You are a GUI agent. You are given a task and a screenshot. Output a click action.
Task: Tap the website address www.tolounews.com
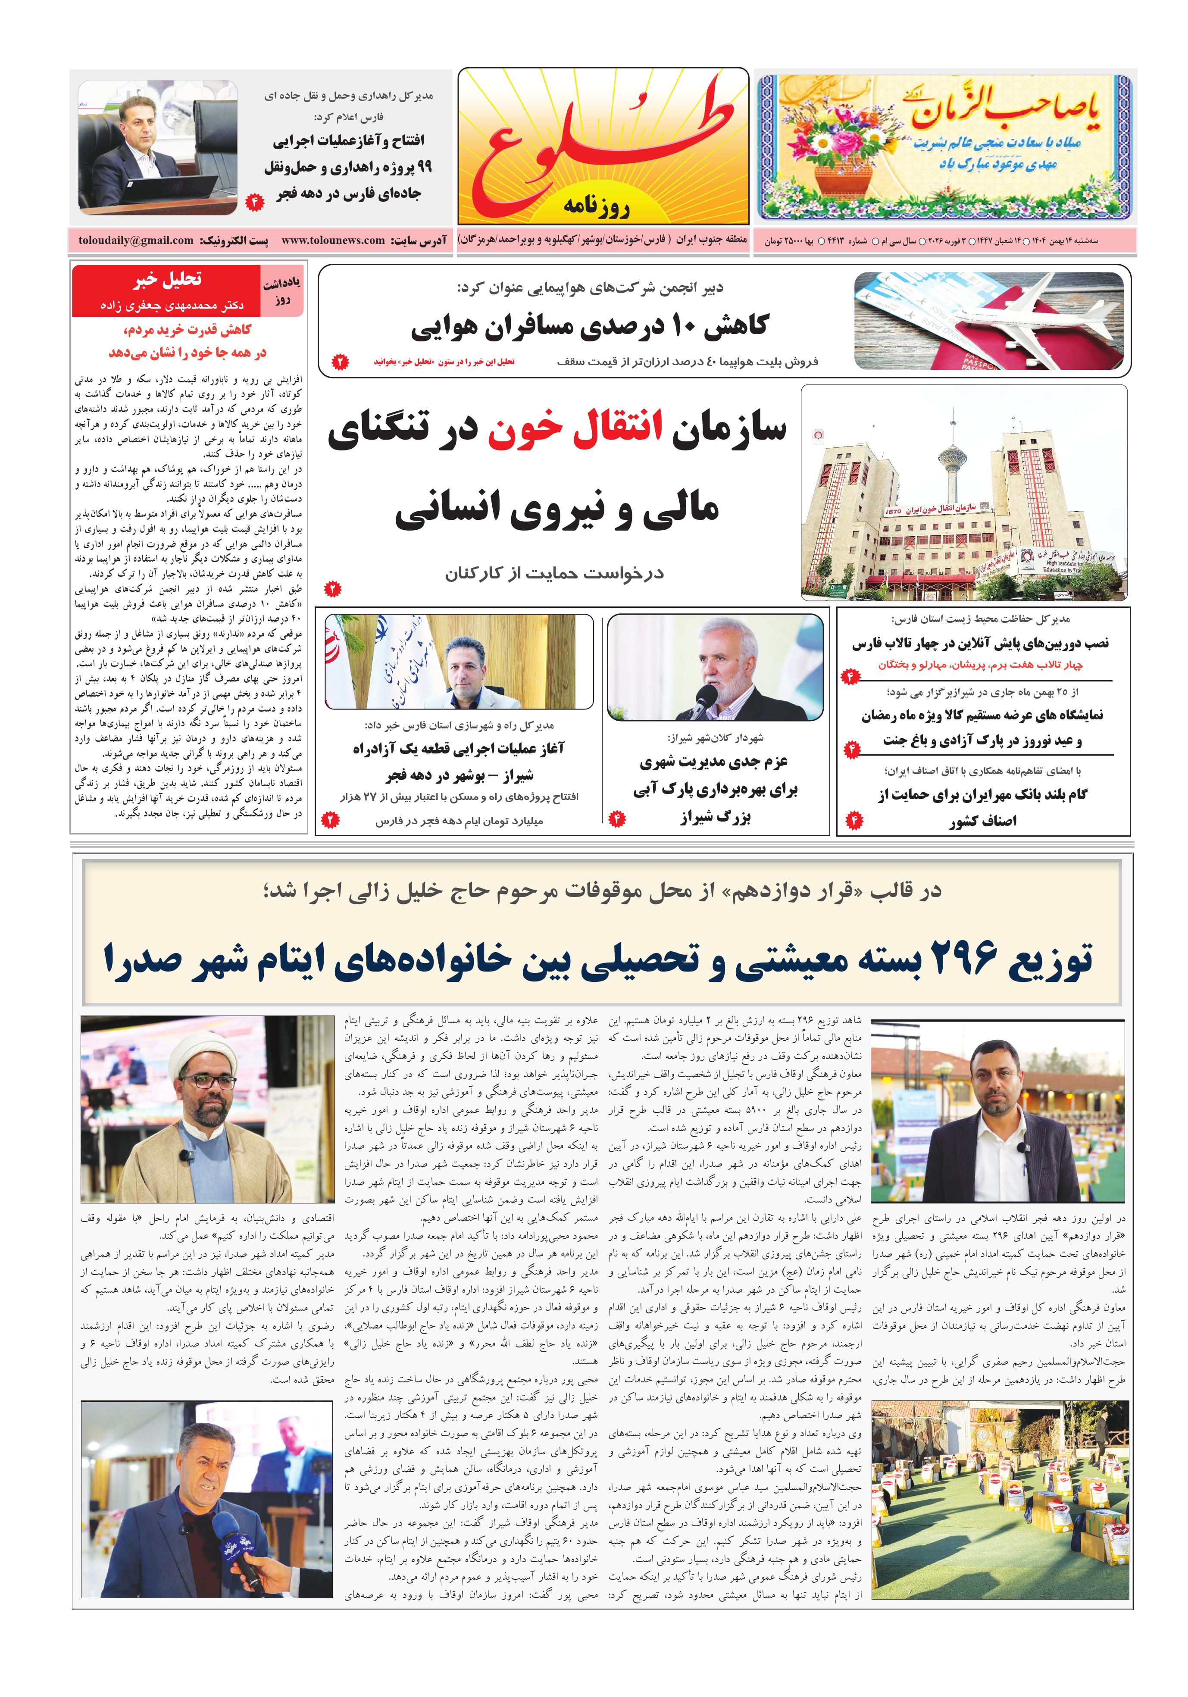pyautogui.click(x=333, y=240)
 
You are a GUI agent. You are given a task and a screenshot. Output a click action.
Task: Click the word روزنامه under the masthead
pyautogui.click(x=596, y=206)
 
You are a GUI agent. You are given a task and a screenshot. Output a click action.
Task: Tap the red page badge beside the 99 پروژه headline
pyautogui.click(x=254, y=200)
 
